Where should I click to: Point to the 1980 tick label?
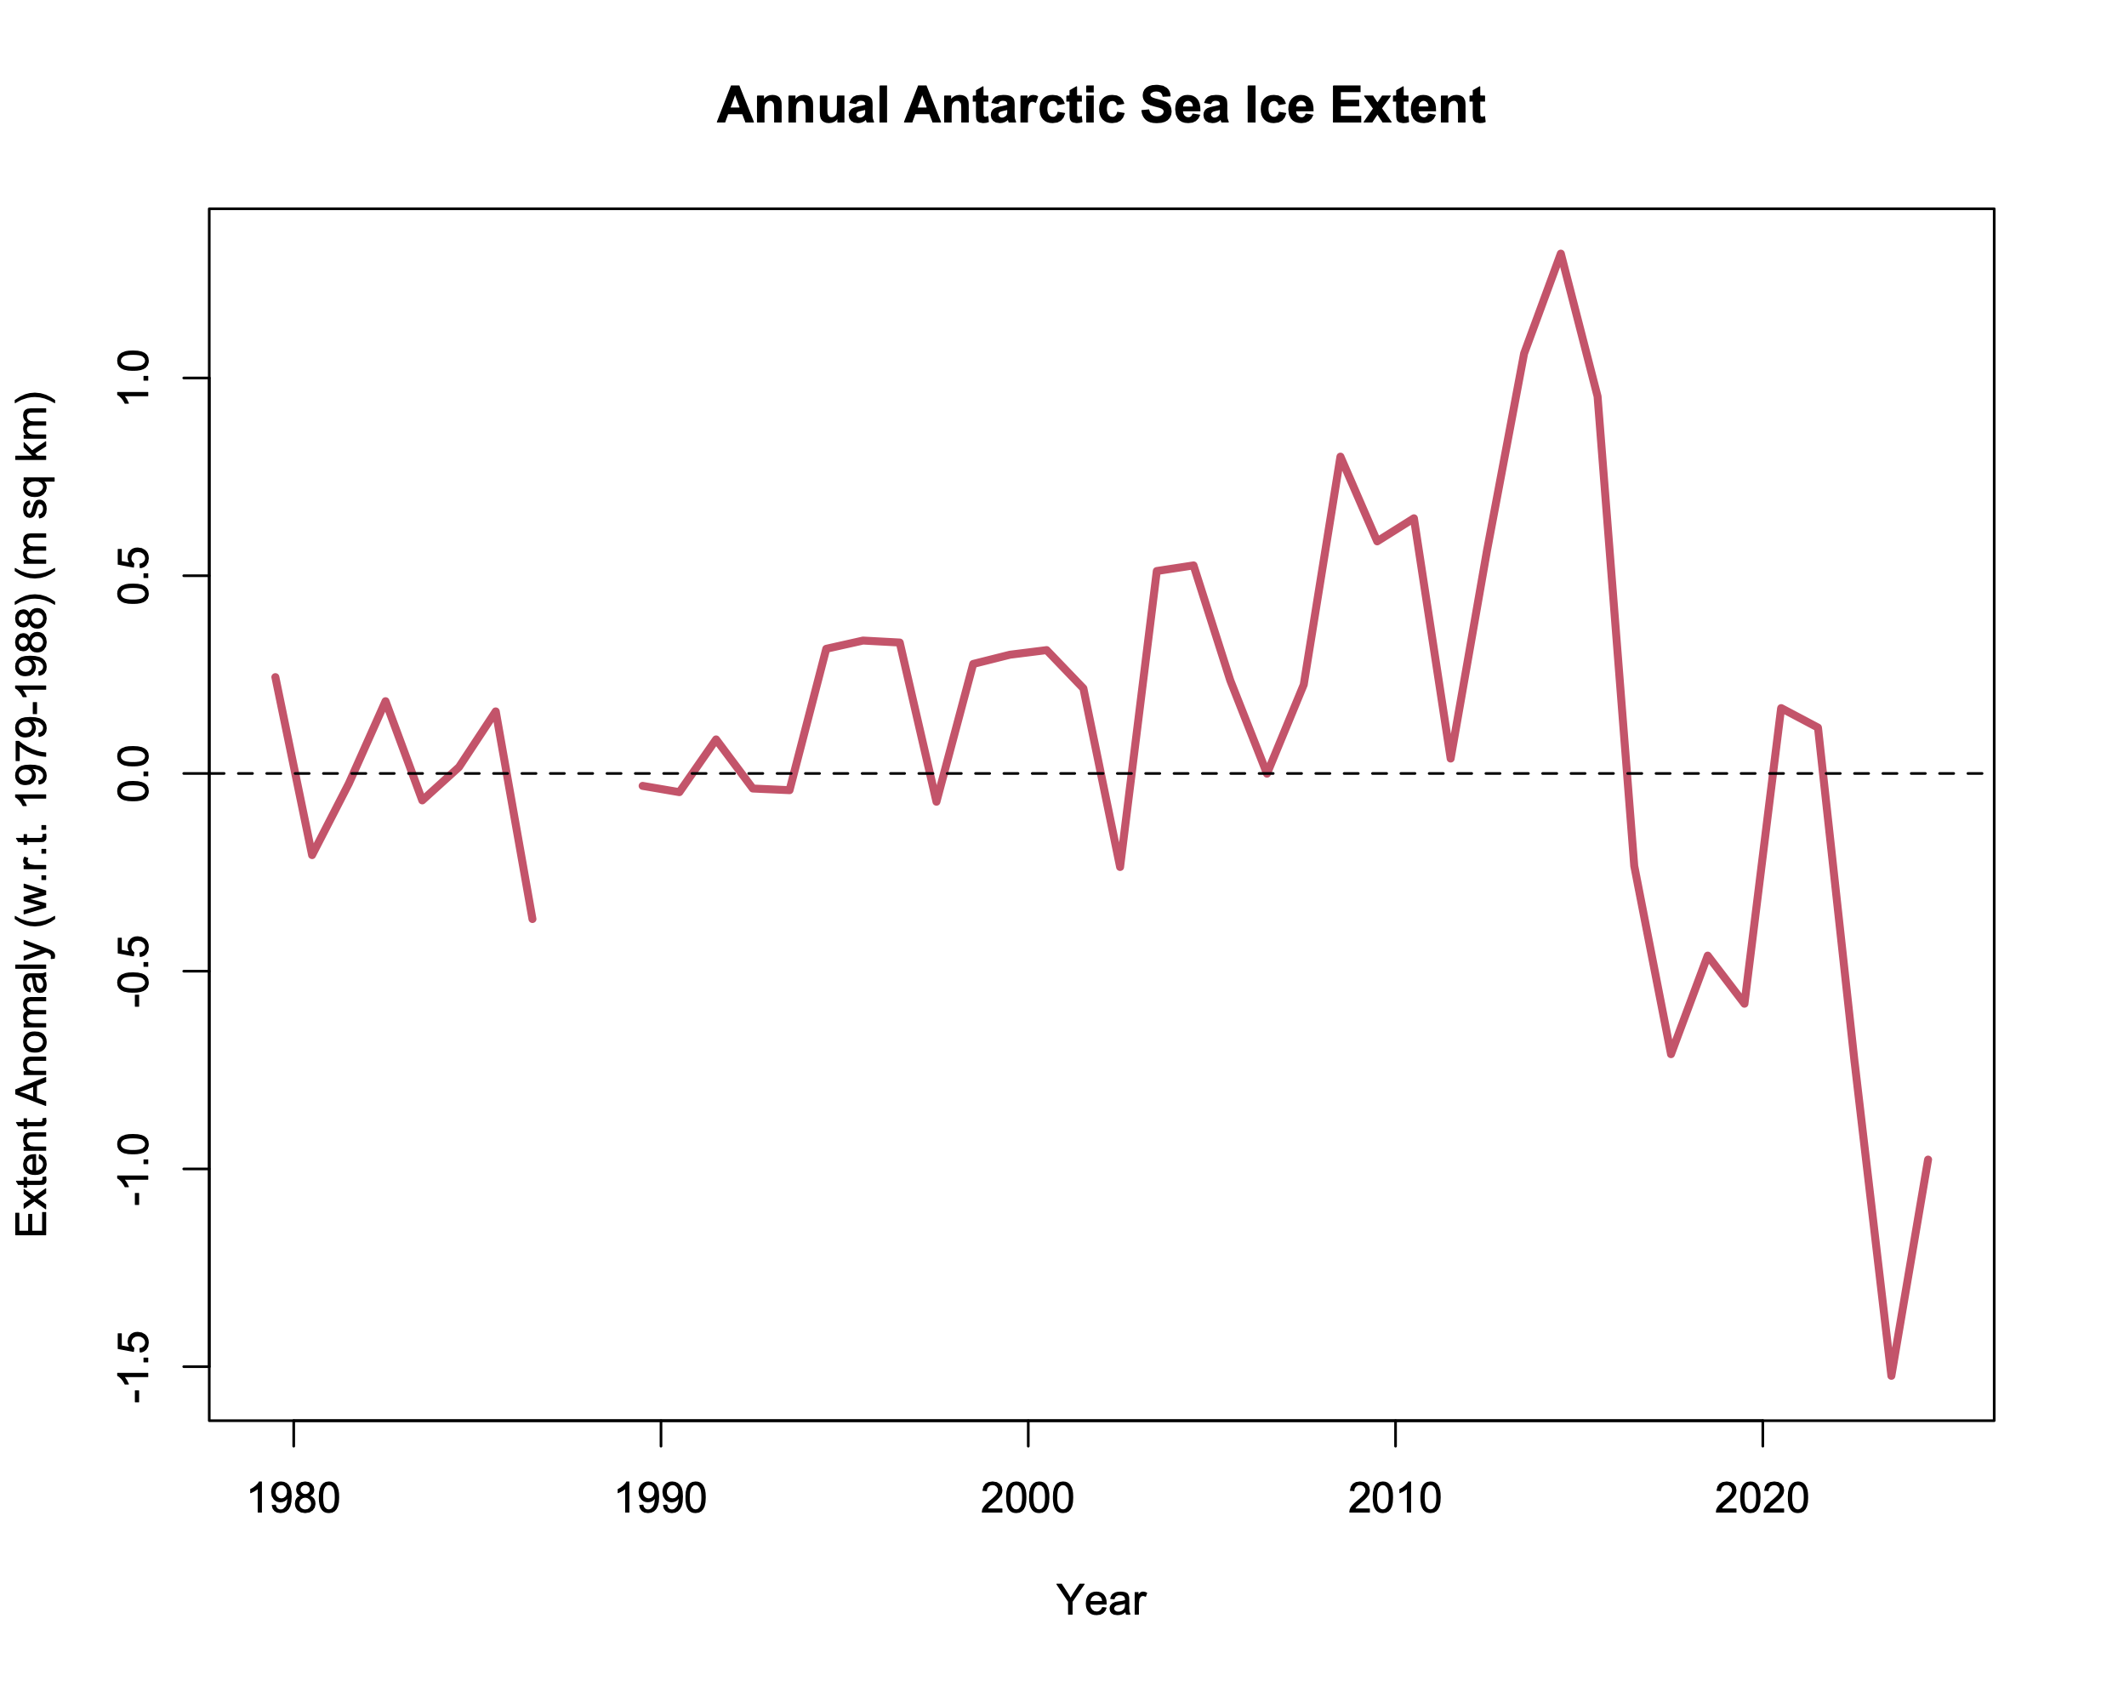(293, 1498)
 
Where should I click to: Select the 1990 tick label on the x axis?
(661, 1498)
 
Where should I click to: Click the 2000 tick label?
(1028, 1498)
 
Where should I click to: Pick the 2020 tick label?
(1762, 1498)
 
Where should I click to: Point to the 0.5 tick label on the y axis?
(133, 575)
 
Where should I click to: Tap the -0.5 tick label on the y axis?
(133, 971)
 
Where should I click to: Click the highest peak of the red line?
(1560, 254)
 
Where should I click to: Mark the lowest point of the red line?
(1891, 1375)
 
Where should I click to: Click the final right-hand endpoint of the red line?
(1927, 1160)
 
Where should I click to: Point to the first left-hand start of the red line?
(275, 677)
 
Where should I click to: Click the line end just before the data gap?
(532, 919)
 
